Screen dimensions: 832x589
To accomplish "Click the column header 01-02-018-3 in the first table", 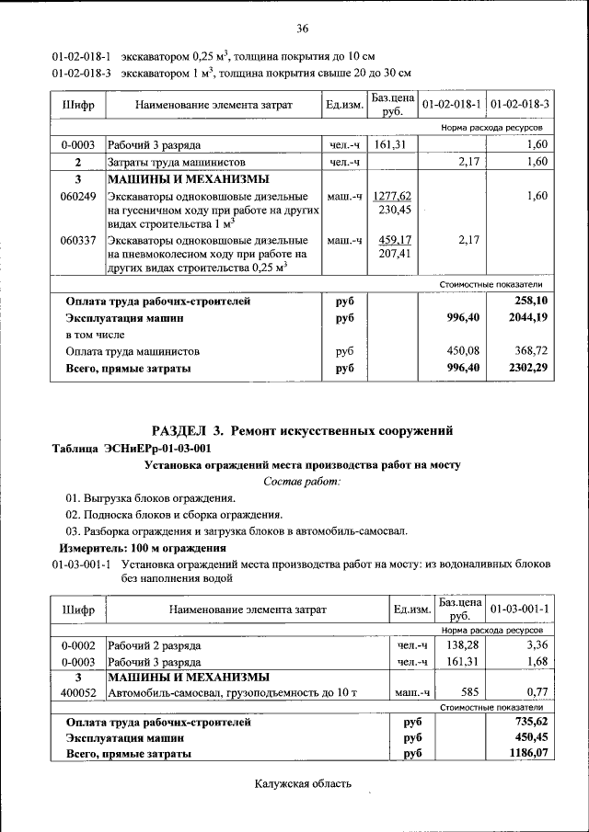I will (520, 105).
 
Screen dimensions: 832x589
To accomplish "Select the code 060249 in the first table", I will (77, 197).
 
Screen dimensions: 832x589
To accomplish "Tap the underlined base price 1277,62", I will (395, 197).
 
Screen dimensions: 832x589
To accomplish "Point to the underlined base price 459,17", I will (395, 240).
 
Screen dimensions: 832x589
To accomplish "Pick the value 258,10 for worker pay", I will (531, 301).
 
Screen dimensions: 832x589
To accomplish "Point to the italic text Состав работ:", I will (302, 481).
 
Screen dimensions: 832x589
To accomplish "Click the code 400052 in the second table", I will (77, 691).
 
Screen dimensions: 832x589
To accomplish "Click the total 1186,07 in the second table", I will (528, 753).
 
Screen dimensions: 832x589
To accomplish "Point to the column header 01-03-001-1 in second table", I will (520, 609).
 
